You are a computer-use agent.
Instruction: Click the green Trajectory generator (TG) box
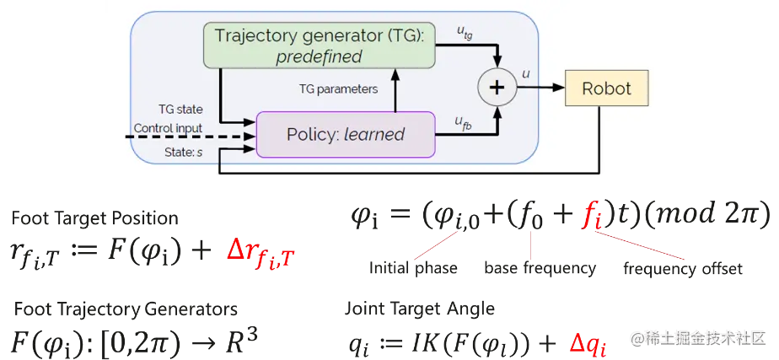319,46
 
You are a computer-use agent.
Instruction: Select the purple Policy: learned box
346,134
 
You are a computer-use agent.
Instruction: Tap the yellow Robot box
606,88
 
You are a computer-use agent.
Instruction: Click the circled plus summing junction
497,88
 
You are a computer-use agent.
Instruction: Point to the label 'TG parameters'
339,89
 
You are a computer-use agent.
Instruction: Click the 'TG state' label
180,110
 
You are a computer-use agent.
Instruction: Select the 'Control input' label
168,129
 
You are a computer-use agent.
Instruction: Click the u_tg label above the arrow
465,31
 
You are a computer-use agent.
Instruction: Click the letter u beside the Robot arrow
526,74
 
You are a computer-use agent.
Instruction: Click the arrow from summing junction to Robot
540,88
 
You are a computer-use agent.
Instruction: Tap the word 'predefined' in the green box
320,56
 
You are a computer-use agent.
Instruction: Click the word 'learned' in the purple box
374,134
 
